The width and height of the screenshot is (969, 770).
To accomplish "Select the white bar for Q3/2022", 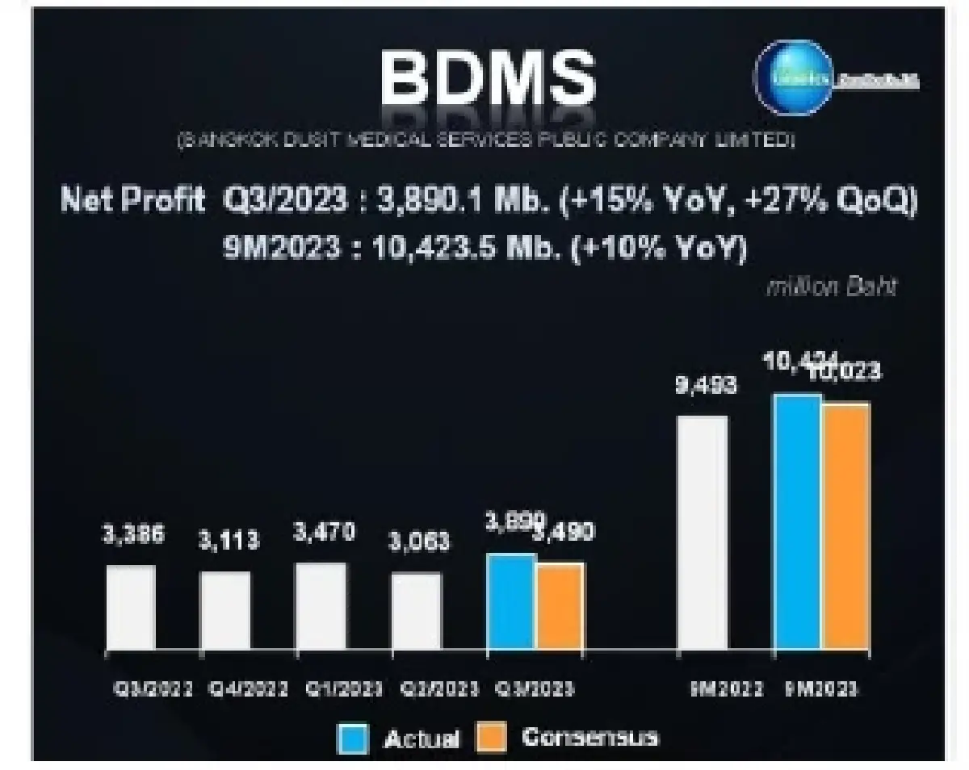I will pyautogui.click(x=131, y=607).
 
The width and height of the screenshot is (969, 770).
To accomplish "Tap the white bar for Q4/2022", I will pyautogui.click(x=225, y=610).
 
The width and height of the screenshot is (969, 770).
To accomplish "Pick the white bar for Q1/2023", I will pyautogui.click(x=321, y=606).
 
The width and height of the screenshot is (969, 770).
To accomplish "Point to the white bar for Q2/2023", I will pyautogui.click(x=417, y=611).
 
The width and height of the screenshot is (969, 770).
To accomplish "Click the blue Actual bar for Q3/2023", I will pyautogui.click(x=510, y=601).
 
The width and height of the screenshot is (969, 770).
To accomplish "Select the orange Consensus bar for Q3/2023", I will pyautogui.click(x=560, y=606).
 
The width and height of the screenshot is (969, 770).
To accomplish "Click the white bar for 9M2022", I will pyautogui.click(x=702, y=533).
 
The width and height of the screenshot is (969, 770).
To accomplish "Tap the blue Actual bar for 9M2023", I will pyautogui.click(x=798, y=521).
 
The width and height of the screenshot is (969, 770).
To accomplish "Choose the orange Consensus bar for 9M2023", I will pyautogui.click(x=846, y=526).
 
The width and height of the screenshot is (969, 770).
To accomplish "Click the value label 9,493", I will pyautogui.click(x=706, y=387).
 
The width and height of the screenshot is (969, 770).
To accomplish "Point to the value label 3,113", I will pyautogui.click(x=229, y=541).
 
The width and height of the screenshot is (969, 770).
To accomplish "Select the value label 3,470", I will pyautogui.click(x=323, y=534).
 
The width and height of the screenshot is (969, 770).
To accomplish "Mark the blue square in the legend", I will pyautogui.click(x=352, y=738).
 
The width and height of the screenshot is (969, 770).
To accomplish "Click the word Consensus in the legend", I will pyautogui.click(x=589, y=737).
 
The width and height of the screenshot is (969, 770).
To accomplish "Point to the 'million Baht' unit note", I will pyautogui.click(x=831, y=288).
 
